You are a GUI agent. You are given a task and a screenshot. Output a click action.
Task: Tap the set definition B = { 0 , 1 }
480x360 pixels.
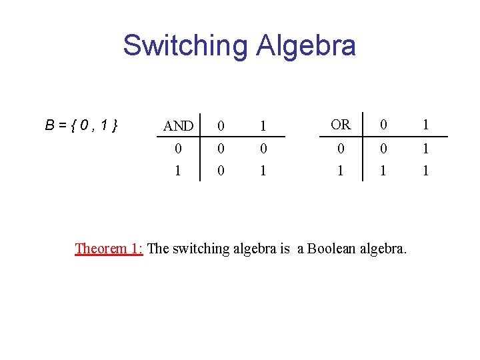tap(81, 125)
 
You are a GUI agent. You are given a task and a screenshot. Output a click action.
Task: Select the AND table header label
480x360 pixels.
tap(178, 126)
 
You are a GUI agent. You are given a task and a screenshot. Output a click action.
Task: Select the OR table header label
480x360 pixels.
tap(341, 125)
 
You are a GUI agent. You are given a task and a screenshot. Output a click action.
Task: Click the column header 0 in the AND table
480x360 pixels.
tap(221, 126)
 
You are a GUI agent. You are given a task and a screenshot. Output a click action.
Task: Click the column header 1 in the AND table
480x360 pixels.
tap(263, 126)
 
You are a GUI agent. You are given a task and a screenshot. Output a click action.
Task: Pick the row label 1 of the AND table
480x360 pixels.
tap(178, 171)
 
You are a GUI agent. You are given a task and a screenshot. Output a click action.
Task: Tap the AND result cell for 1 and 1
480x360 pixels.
tap(263, 171)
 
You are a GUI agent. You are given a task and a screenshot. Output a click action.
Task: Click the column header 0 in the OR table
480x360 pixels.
tap(383, 125)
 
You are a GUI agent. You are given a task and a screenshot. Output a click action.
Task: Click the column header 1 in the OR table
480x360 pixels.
tap(425, 125)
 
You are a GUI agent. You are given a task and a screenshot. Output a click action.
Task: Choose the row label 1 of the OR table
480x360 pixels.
tap(341, 171)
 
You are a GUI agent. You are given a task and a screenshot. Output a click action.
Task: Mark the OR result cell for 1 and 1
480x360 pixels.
tap(425, 171)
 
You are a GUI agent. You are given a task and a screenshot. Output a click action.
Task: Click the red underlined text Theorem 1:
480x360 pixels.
tap(109, 249)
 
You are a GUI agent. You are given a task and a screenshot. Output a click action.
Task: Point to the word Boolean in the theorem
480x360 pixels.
tap(331, 249)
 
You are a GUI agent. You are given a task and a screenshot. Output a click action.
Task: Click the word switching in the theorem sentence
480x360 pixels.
tap(201, 249)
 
